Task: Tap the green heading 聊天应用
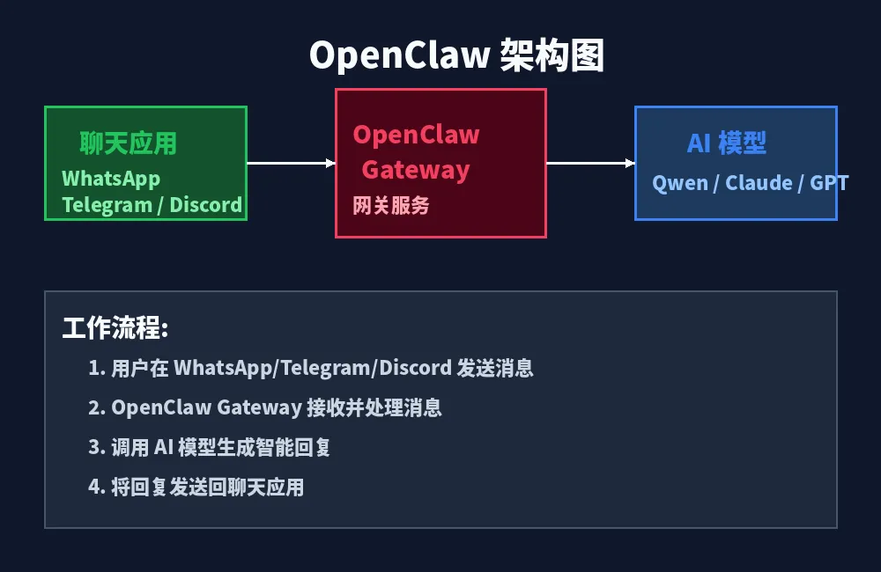click(128, 143)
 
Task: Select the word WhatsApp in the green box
click(111, 179)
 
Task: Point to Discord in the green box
click(205, 205)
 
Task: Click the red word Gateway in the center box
click(416, 170)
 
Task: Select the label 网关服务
click(391, 206)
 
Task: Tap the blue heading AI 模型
click(727, 143)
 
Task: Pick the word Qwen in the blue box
click(679, 183)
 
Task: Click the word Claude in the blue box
click(759, 183)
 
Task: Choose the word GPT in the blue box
click(829, 183)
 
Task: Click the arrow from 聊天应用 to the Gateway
click(291, 163)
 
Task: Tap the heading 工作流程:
click(115, 329)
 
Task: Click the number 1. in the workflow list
click(96, 368)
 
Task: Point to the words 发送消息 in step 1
click(495, 368)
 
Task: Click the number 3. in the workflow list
click(96, 447)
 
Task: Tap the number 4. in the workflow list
click(96, 487)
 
